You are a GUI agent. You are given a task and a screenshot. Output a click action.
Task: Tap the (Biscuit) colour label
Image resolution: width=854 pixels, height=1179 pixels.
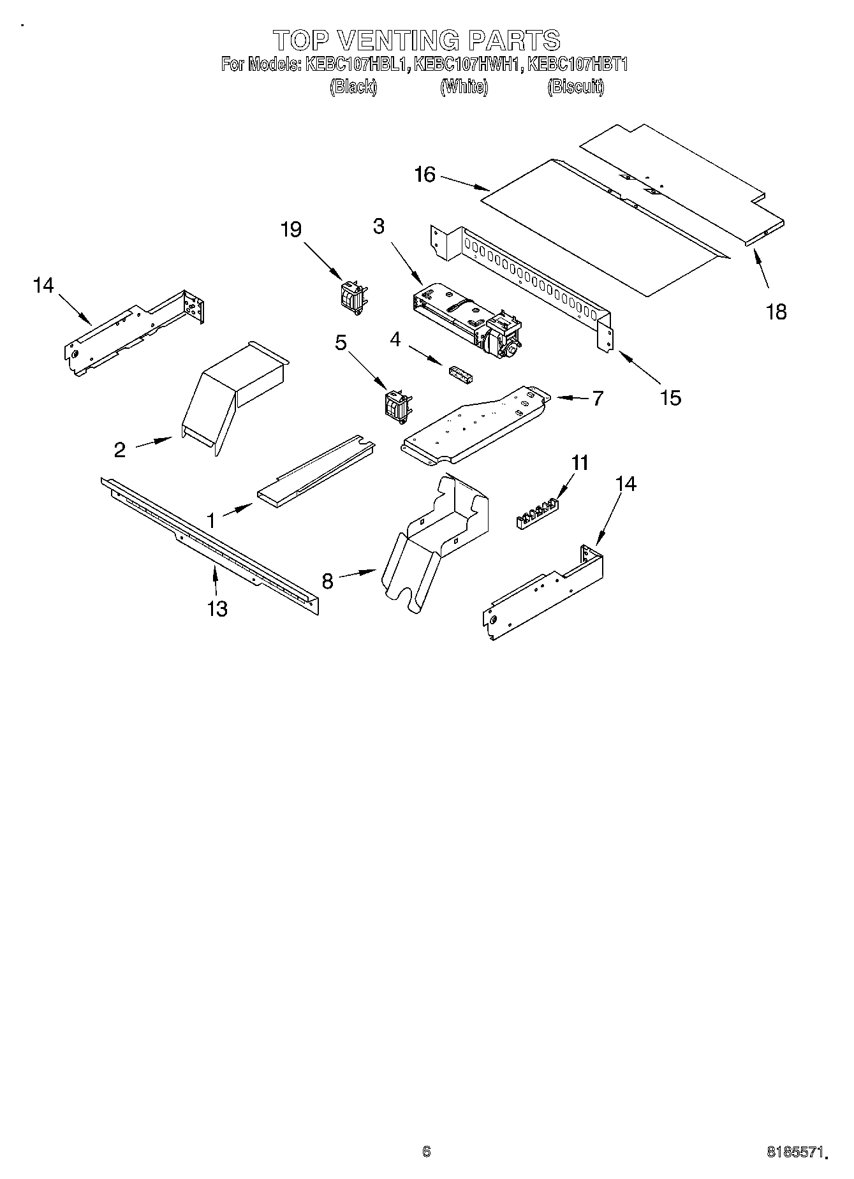(575, 87)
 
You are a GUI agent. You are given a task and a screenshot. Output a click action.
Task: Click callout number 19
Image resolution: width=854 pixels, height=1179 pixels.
(291, 230)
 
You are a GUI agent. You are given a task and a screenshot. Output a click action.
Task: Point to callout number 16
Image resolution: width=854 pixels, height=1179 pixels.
(425, 174)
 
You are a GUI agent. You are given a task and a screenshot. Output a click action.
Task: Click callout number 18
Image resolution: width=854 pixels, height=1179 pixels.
(776, 312)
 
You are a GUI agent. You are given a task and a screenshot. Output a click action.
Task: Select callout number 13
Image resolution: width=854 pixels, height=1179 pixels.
(217, 609)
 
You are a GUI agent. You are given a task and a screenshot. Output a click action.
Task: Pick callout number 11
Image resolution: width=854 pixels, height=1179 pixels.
(580, 462)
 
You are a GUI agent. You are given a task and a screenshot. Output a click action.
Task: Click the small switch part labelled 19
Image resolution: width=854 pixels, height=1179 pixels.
(352, 297)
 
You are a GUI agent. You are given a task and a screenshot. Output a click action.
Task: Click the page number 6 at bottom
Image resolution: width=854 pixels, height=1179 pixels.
(427, 1151)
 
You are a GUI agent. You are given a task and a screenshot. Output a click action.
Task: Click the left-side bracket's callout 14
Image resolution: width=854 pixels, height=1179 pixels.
(43, 285)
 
